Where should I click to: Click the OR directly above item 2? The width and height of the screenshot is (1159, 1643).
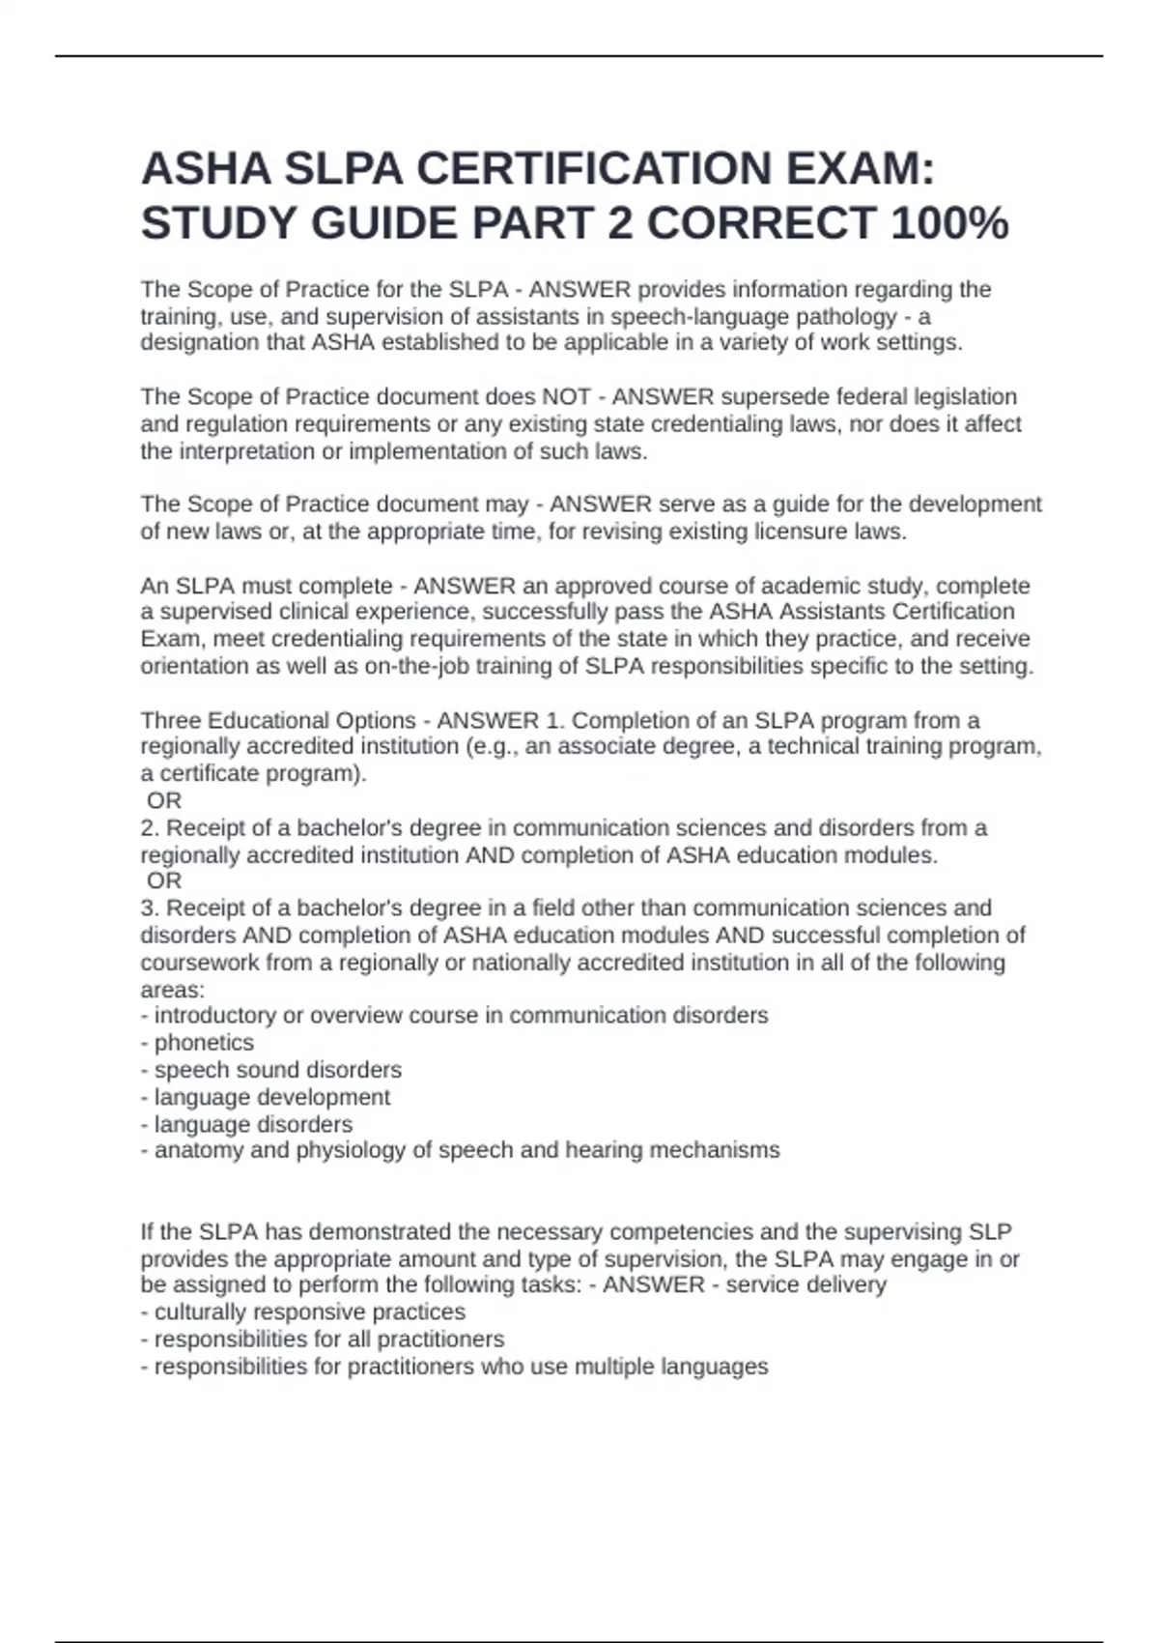[164, 800]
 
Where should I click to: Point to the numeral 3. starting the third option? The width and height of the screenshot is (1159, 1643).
[150, 908]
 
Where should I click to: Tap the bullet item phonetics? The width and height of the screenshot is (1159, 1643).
[204, 1043]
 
